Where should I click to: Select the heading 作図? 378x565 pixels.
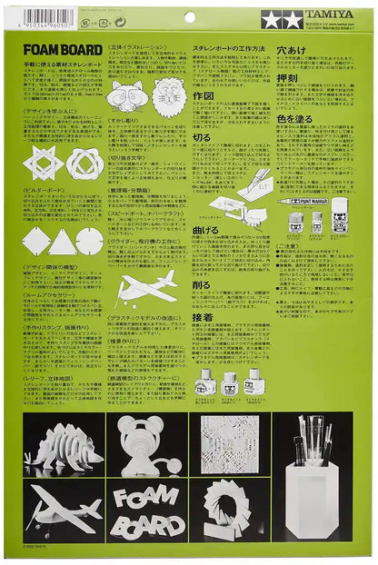[x=204, y=94]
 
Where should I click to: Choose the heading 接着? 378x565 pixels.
[x=205, y=319]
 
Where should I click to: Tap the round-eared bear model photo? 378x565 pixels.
[x=147, y=448]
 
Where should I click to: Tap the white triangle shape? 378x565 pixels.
[x=63, y=242]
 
